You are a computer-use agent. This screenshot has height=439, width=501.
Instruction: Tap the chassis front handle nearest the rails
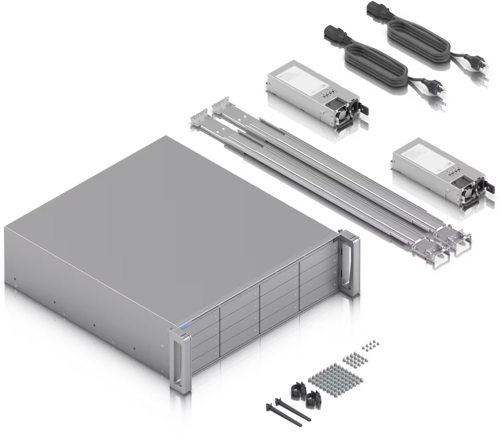[351, 263]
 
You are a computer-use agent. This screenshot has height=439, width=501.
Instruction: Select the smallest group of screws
[370, 346]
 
